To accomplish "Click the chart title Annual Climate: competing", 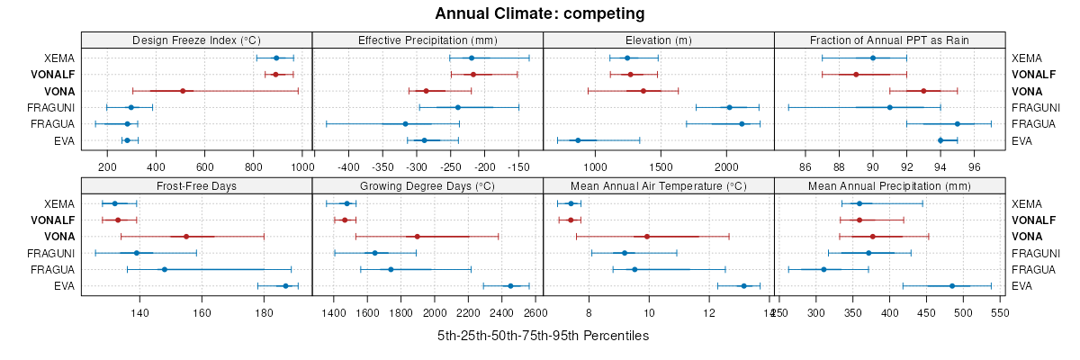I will click(540, 13).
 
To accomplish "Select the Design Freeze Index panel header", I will click(196, 40).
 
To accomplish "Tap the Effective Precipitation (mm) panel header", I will click(427, 40).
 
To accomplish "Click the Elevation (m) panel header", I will click(659, 40).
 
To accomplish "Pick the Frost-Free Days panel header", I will click(196, 185).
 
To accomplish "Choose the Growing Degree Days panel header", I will click(427, 185).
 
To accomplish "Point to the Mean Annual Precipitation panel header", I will click(889, 185).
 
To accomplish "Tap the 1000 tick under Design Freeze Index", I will click(301, 167).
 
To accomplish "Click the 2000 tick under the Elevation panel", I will click(726, 167).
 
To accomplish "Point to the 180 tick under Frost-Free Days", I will click(264, 312).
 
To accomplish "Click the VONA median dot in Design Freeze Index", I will click(183, 91).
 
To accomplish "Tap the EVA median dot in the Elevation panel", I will click(578, 140).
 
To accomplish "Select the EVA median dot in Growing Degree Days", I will click(510, 286).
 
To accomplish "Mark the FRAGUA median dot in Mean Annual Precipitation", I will click(823, 269).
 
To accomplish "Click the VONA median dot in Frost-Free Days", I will click(186, 237).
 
